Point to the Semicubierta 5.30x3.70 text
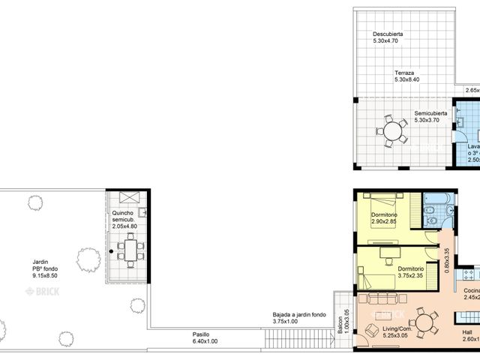[431, 118]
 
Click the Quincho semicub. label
[125, 221]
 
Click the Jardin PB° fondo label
[46, 268]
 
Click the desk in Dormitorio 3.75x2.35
[388, 254]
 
